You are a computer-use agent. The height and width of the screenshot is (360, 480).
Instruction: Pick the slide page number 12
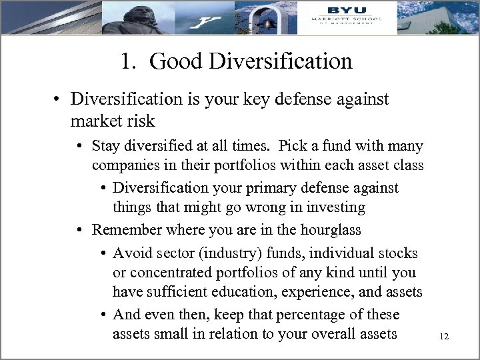[444, 337]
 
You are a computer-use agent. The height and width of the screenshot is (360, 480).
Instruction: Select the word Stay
[107, 145]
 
